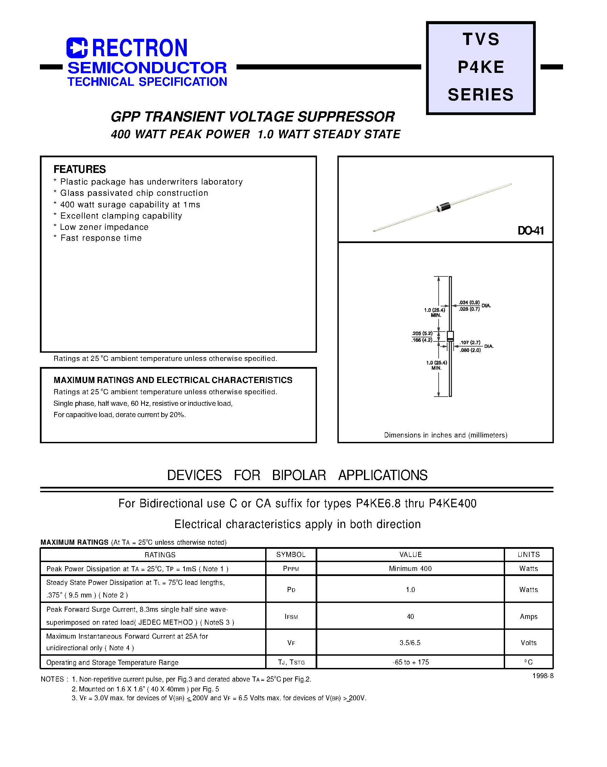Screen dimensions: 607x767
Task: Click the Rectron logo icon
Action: [x=77, y=48]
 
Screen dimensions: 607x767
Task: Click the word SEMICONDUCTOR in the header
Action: [x=147, y=68]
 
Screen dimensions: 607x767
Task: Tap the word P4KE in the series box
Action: [x=481, y=67]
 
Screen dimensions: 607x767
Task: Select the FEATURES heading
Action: [x=80, y=169]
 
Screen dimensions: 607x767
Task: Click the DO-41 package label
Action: [x=531, y=231]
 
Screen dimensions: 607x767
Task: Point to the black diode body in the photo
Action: [x=443, y=207]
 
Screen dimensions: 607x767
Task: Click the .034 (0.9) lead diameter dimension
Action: [x=469, y=302]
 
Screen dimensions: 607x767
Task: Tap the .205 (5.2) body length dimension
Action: [x=422, y=333]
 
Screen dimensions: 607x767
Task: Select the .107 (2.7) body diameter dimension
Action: [x=470, y=342]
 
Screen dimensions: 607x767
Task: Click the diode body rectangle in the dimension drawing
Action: [x=450, y=336]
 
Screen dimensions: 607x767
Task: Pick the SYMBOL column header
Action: [x=291, y=554]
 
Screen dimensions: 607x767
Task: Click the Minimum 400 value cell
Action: [x=410, y=569]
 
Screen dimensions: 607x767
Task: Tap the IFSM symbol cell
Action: [x=291, y=617]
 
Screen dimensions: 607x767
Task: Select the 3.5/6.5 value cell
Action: [x=410, y=643]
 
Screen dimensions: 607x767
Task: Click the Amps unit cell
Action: [x=529, y=617]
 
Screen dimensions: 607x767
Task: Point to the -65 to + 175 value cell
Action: [x=411, y=662]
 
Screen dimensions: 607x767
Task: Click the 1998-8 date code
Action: [x=543, y=676]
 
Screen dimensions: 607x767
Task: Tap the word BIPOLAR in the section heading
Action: [x=299, y=475]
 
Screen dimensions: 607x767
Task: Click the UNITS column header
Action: [x=529, y=554]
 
